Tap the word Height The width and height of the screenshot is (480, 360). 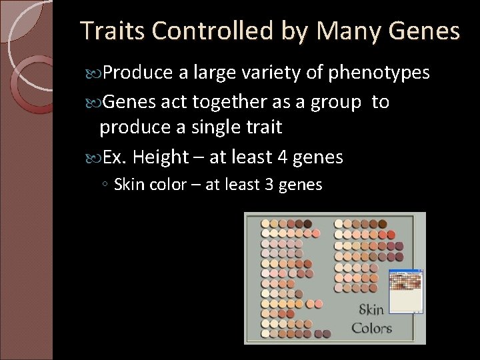161,158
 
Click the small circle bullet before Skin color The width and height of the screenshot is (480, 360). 107,185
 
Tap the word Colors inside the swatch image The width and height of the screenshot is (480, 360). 371,327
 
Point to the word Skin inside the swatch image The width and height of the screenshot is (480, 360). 371,310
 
